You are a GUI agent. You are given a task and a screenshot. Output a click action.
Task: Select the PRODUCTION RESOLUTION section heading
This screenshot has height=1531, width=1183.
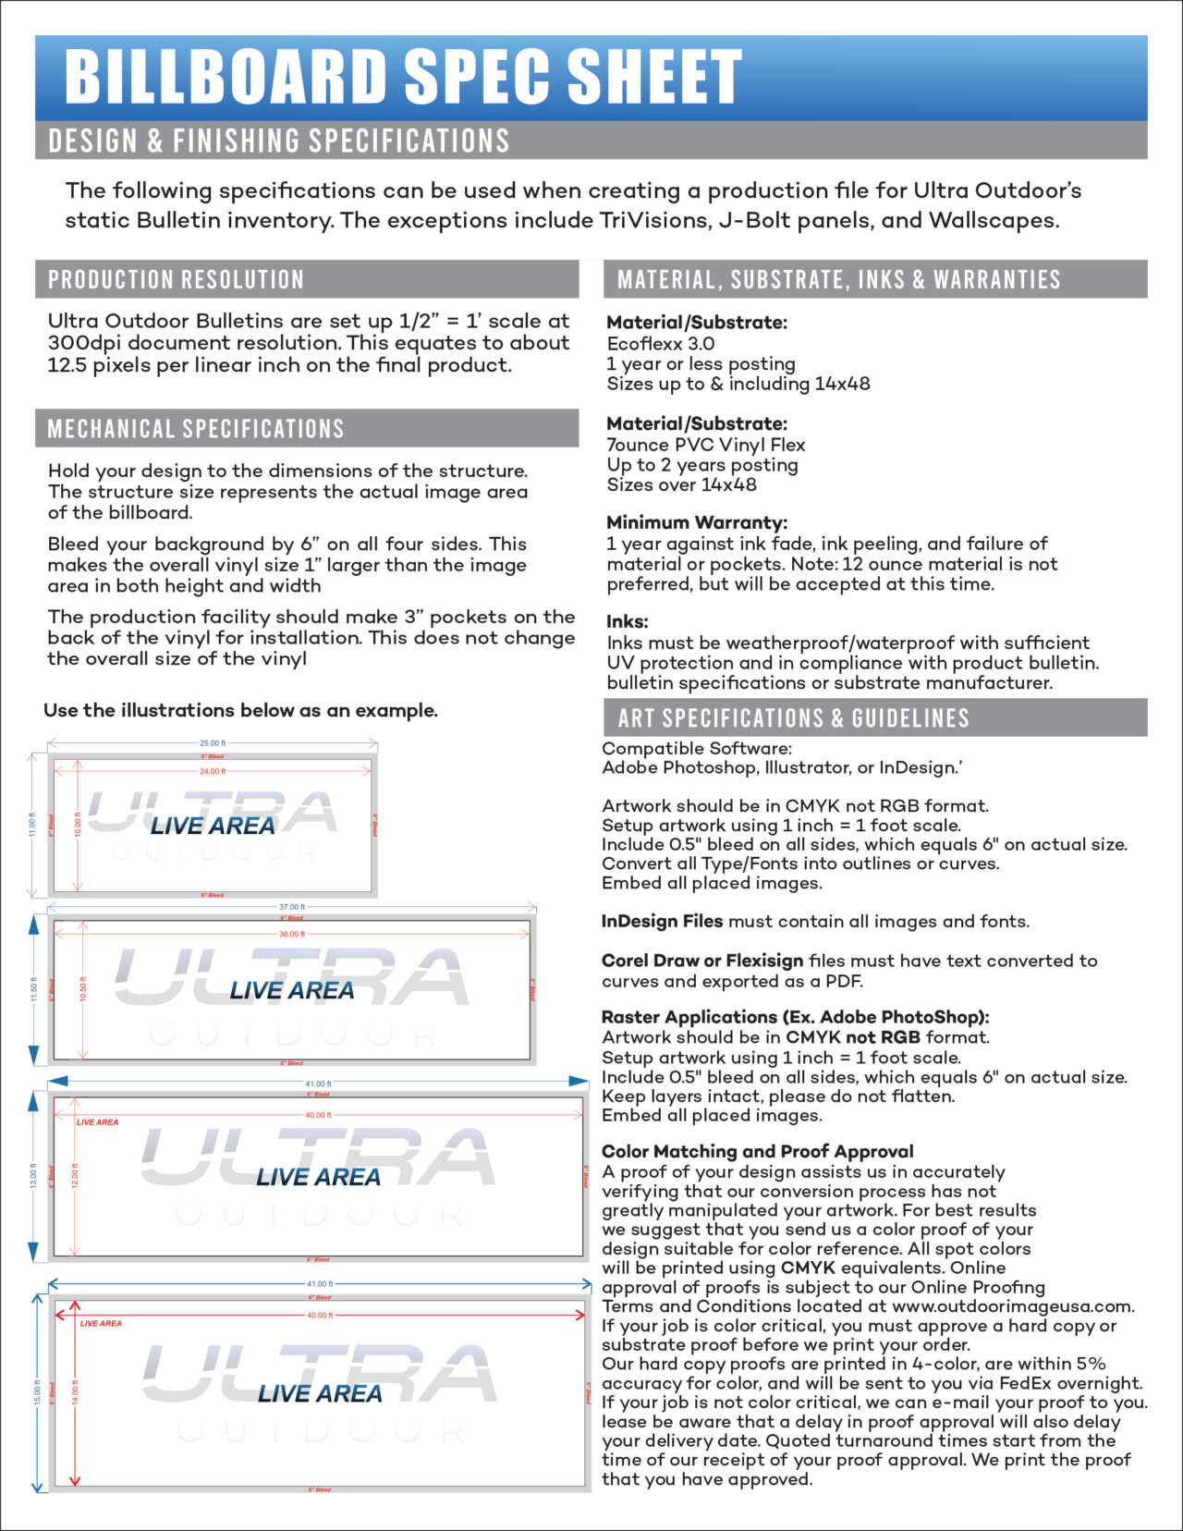[176, 279]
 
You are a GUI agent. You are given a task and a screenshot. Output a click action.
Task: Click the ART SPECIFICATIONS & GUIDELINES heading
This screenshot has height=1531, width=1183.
[793, 718]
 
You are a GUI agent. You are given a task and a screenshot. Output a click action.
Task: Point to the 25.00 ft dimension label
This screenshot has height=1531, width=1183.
[213, 743]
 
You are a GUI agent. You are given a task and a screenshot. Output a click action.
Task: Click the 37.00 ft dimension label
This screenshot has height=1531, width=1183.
[291, 907]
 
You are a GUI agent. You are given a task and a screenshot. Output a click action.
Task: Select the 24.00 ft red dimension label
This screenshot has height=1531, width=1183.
[213, 771]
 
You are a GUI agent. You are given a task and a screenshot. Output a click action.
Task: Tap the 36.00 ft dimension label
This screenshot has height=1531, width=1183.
[291, 934]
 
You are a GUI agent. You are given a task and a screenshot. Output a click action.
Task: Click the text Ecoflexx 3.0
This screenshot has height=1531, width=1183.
[660, 343]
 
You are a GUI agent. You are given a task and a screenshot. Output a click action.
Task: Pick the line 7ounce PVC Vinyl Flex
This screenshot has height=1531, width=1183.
[705, 445]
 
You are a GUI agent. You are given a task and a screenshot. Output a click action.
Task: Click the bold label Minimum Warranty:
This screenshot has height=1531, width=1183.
[696, 522]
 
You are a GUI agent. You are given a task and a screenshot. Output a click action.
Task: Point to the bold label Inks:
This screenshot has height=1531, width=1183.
[627, 621]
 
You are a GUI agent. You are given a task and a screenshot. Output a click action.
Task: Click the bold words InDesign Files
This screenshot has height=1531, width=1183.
[662, 921]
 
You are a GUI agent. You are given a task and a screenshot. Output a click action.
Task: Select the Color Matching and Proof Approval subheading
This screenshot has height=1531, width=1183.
[757, 1151]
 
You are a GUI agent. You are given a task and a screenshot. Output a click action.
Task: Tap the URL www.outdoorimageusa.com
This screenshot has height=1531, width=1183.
[1011, 1306]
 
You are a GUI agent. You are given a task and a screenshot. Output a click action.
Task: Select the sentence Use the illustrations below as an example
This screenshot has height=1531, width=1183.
[240, 710]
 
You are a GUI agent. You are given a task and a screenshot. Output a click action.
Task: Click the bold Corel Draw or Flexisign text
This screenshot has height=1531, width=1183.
[702, 961]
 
